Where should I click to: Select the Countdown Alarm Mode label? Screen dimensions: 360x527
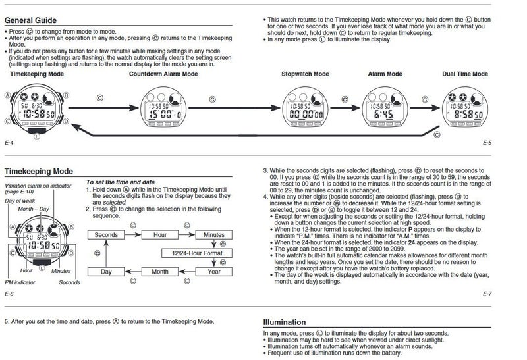(x=163, y=74)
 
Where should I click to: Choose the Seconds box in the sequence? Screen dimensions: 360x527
(x=106, y=234)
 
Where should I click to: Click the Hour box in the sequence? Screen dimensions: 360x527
(x=159, y=234)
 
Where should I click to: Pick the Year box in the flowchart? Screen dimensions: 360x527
(x=213, y=271)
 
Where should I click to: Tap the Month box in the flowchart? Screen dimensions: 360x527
(x=159, y=271)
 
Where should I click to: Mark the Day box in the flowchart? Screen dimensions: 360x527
(x=106, y=271)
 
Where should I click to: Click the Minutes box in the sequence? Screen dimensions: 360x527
(x=213, y=234)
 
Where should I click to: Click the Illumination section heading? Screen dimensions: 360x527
(x=284, y=322)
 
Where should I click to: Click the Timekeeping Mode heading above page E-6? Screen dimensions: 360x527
(x=38, y=171)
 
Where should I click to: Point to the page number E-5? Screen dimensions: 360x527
(x=487, y=142)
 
